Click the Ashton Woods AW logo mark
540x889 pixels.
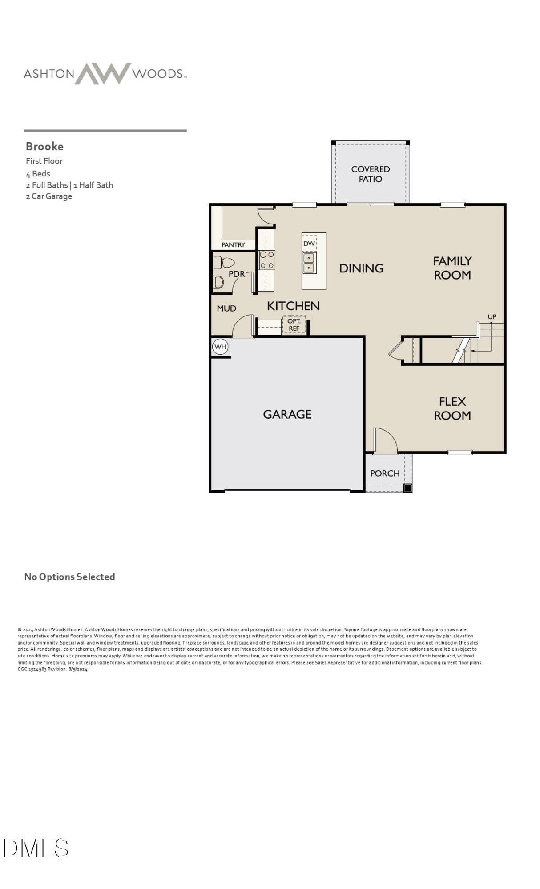pyautogui.click(x=103, y=73)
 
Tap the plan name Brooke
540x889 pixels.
pyautogui.click(x=44, y=146)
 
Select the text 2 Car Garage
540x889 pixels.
pyautogui.click(x=49, y=196)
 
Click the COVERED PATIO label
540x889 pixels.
pyautogui.click(x=370, y=174)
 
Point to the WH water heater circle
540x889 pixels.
pyautogui.click(x=220, y=347)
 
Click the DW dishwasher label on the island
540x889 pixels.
pyautogui.click(x=309, y=243)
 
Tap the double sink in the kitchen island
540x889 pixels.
pyautogui.click(x=309, y=263)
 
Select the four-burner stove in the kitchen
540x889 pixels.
pyautogui.click(x=267, y=260)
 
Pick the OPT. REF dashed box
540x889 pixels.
pyautogui.click(x=294, y=325)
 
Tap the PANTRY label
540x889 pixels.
pyautogui.click(x=233, y=244)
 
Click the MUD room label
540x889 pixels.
pyautogui.click(x=226, y=308)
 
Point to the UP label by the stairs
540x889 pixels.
pyautogui.click(x=492, y=316)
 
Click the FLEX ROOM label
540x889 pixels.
pyautogui.click(x=452, y=408)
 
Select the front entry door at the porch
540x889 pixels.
pyautogui.click(x=385, y=441)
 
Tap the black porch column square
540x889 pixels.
pyautogui.click(x=407, y=488)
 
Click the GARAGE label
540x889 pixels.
pyautogui.click(x=287, y=414)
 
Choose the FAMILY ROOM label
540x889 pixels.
pyautogui.click(x=452, y=268)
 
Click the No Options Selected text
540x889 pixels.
pyautogui.click(x=69, y=577)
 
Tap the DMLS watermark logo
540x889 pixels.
pyautogui.click(x=36, y=848)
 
